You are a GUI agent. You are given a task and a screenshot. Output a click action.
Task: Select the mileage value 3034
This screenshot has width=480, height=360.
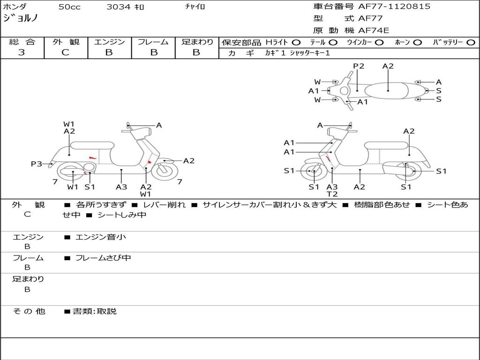[119, 7]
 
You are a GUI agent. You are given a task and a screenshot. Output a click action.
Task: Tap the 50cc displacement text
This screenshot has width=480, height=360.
[69, 7]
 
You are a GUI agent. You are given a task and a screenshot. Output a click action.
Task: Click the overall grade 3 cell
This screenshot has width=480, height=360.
[22, 52]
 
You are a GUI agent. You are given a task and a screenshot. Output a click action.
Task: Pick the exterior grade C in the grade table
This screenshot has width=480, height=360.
[66, 52]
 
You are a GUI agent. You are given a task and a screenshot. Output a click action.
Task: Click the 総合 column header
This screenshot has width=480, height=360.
[22, 42]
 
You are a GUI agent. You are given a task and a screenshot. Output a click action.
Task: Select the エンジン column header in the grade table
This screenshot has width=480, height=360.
[110, 42]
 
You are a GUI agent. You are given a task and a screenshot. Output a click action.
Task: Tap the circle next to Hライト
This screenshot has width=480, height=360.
[296, 42]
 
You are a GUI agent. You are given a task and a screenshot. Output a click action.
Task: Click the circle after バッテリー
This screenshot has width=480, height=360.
[470, 42]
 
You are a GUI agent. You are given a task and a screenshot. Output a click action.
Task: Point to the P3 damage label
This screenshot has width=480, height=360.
[37, 164]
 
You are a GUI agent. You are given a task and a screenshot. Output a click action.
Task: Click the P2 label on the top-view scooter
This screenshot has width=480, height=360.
[359, 66]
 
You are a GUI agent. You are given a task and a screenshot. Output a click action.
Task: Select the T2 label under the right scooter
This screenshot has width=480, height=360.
[332, 194]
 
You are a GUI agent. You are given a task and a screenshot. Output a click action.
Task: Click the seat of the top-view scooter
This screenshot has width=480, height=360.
[388, 90]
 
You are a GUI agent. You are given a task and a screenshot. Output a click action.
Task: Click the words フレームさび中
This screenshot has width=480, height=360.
[103, 258]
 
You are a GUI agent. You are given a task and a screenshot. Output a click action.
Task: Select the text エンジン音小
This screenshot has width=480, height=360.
[101, 237]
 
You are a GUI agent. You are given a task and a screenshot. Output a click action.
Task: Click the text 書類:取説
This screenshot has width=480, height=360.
[94, 311]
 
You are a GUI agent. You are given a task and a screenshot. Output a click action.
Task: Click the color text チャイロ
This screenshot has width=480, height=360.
[195, 7]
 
